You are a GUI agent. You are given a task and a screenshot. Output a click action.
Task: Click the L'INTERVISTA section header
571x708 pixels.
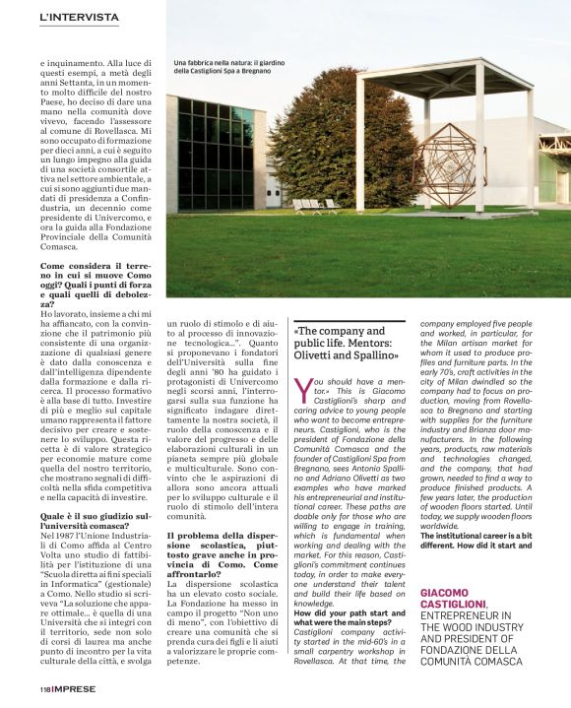pyautogui.click(x=80, y=18)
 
